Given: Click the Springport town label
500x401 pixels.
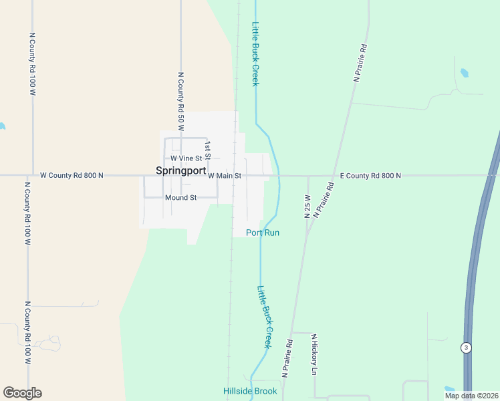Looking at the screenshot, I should coord(180,170).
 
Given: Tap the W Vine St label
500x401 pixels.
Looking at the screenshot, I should coord(186,158).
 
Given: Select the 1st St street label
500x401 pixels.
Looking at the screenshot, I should coord(208,150).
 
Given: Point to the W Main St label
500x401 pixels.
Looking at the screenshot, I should coord(224,176).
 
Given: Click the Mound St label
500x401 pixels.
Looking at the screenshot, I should coord(180,198).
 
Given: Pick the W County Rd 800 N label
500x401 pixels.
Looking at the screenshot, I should coord(72,175).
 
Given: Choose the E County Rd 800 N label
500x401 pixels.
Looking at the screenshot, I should coord(370,175).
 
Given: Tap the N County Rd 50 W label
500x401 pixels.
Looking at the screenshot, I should coord(180,100).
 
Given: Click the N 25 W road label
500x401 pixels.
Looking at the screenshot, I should coord(307,207).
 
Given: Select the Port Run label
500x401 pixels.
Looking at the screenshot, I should coord(263,233).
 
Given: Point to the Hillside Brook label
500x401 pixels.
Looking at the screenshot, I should coord(250,391).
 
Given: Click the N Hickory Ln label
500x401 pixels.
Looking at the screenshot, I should coord(314,354).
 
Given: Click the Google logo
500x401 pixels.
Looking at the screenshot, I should coord(22,392).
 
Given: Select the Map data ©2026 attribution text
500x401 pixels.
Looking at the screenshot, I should coord(471,396).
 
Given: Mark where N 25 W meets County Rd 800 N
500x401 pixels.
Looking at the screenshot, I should coord(308,176).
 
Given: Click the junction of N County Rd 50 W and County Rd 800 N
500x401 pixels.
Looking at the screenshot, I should coord(180,176).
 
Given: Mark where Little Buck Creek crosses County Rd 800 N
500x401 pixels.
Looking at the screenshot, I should coord(278,176).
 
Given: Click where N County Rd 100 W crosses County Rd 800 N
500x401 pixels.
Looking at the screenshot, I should coord(31,176).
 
